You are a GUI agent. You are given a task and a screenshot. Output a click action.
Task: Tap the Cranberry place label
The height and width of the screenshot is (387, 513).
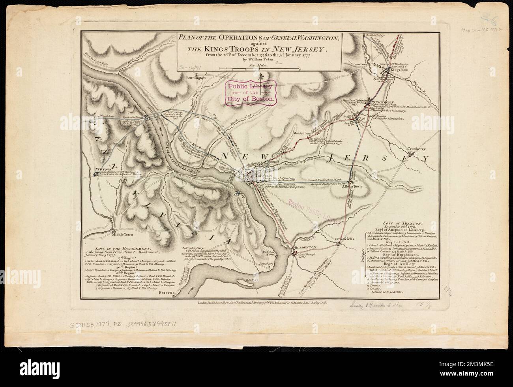(416, 149)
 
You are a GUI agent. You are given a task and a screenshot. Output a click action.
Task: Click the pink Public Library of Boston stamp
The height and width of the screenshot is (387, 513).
(249, 93)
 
